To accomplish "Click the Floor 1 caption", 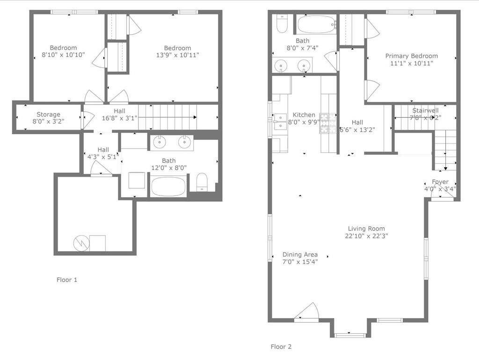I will [67, 280].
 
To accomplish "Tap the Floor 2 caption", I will [281, 346].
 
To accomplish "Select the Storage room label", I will [48, 115].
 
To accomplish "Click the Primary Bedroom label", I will [411, 56].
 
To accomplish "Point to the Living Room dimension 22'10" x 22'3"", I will [366, 236].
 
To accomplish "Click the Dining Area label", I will [300, 255].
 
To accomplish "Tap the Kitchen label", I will [304, 115].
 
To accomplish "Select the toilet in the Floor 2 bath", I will [282, 24].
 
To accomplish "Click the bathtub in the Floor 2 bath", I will [317, 24].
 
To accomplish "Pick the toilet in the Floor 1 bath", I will [202, 182].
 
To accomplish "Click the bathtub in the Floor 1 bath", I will [168, 186].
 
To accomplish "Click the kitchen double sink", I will [280, 121].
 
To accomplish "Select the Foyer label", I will [440, 182].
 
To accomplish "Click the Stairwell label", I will [425, 111].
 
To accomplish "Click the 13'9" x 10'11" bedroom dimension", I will [177, 55].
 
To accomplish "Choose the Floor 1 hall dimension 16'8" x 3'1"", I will [120, 118].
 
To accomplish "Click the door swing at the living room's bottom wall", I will [308, 312].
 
